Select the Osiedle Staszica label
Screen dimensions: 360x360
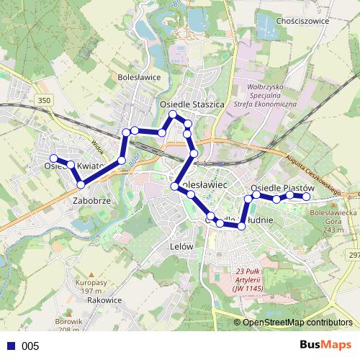click(x=192, y=104)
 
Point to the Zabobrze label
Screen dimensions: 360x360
click(x=92, y=201)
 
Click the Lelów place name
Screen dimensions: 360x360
click(x=182, y=246)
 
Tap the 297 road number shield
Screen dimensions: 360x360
click(x=354, y=255)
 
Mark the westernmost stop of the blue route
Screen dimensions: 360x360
click(x=53, y=158)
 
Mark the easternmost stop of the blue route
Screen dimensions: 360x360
click(x=306, y=196)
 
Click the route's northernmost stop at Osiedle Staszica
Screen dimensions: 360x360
click(x=173, y=114)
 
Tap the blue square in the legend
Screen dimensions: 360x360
click(x=11, y=346)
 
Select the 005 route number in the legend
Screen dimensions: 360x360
click(x=30, y=346)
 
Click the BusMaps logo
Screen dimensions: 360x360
click(x=326, y=345)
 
